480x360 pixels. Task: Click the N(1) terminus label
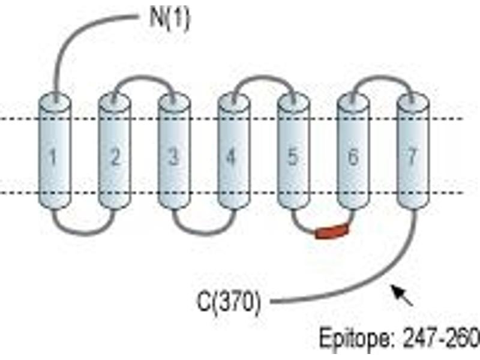(x=170, y=19)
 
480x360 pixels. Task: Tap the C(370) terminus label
(x=229, y=302)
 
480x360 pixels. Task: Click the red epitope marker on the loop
(x=332, y=232)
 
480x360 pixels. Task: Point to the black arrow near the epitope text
(x=402, y=295)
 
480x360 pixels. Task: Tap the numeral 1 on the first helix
(x=53, y=157)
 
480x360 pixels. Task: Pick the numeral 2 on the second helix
(x=115, y=157)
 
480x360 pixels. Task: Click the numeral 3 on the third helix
(x=173, y=157)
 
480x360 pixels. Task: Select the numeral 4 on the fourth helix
(x=232, y=157)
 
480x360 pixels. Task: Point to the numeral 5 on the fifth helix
(x=292, y=157)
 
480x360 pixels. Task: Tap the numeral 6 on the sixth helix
(x=353, y=157)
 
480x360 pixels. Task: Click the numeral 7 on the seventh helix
(x=413, y=157)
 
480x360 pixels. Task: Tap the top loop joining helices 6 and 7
(x=383, y=77)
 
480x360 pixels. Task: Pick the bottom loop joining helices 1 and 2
(x=84, y=234)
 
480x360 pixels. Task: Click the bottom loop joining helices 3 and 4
(x=203, y=234)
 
